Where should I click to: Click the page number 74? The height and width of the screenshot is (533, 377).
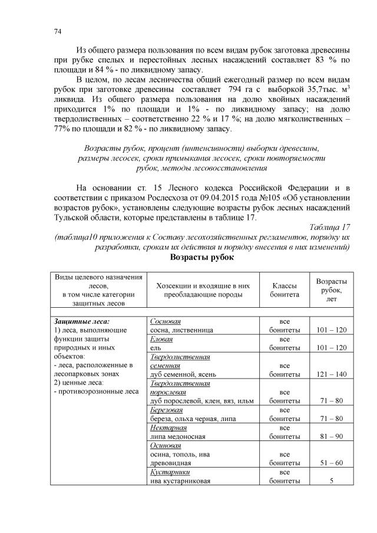pos(56,31)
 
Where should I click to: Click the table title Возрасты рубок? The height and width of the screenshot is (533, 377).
pos(202,258)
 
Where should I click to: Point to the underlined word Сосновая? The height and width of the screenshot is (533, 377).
pos(165,322)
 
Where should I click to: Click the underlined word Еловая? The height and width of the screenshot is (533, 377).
pos(161,340)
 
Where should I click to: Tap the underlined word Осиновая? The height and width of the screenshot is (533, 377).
pos(164,445)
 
